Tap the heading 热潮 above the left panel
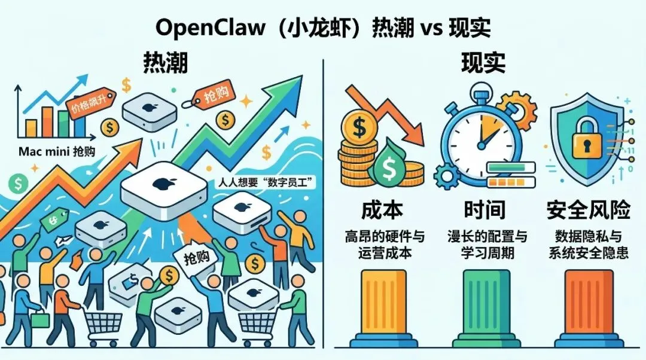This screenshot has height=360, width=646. coord(166,63)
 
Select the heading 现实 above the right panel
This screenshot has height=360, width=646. coord(483,63)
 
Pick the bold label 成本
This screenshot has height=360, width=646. coord(382,210)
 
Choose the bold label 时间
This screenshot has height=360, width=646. coord(484,210)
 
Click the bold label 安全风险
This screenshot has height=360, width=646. coord(589,210)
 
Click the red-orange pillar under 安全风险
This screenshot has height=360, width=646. coord(589,305)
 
